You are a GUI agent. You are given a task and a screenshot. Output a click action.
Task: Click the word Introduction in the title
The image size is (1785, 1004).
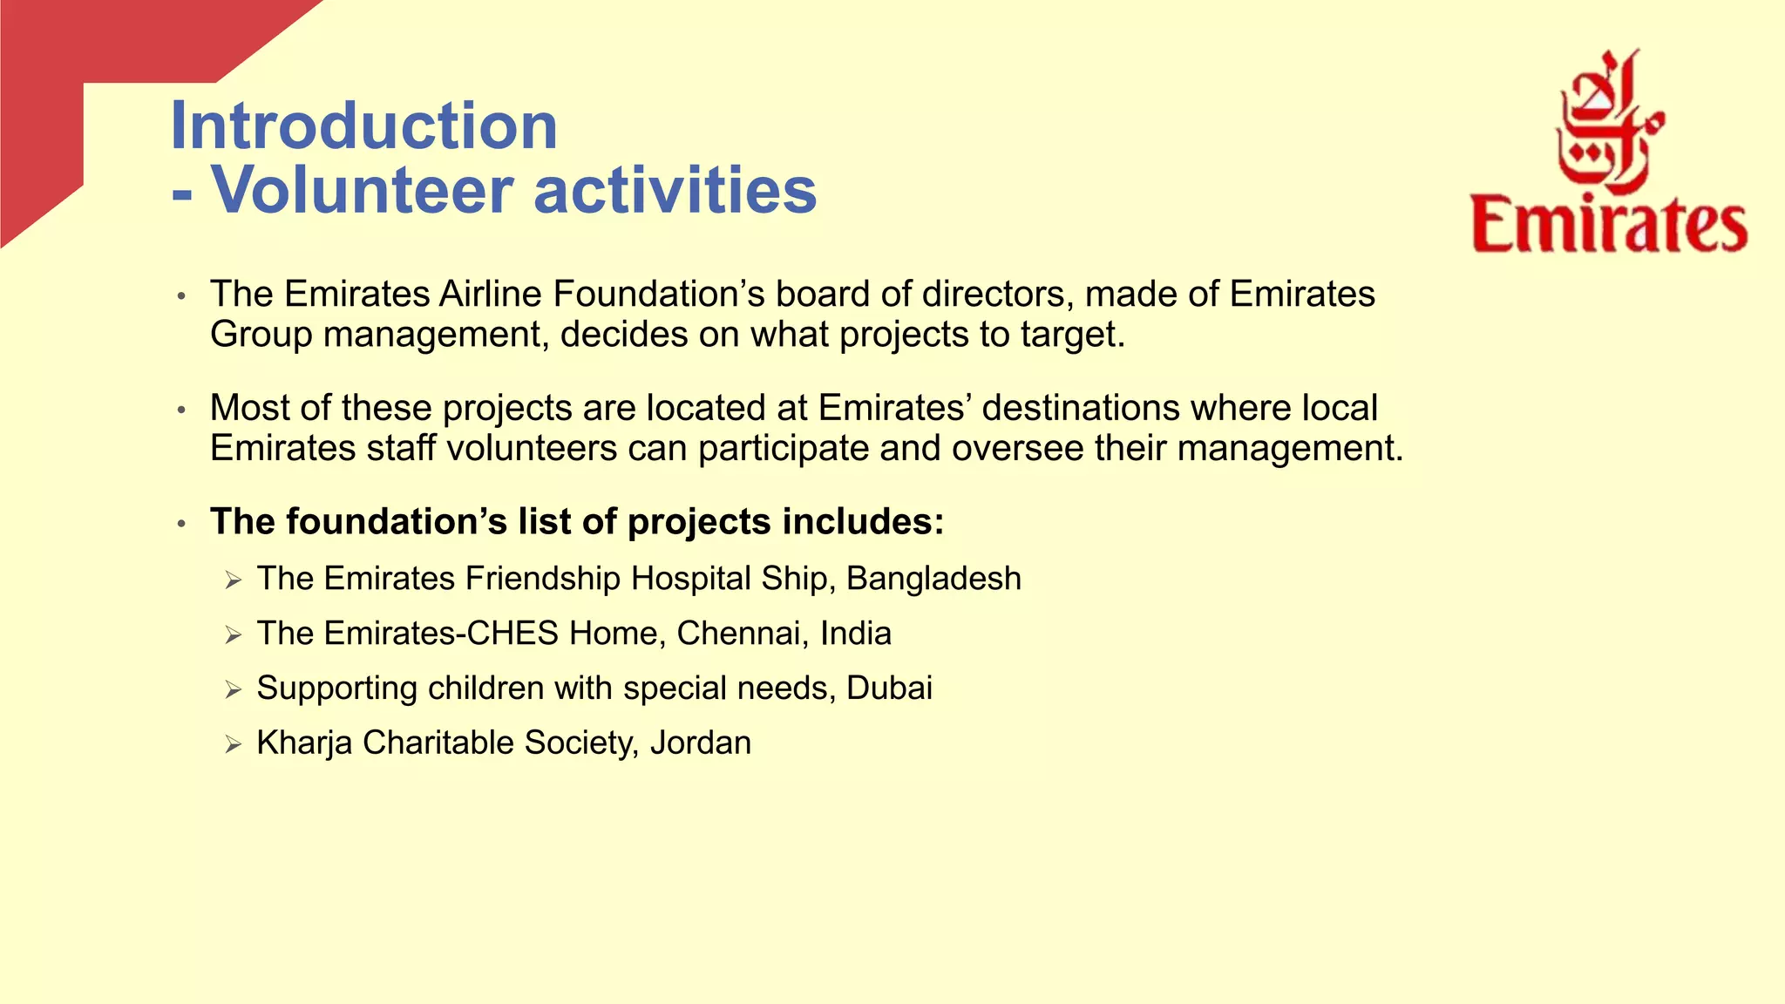(x=363, y=126)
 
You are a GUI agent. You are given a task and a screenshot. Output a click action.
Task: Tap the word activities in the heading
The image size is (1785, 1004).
(x=675, y=190)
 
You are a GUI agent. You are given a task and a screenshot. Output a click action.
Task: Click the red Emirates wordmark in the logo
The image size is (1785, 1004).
(x=1609, y=226)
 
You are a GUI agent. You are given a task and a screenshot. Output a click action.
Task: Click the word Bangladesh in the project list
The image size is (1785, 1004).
(x=933, y=579)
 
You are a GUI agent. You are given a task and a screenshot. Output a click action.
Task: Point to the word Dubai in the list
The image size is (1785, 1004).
(x=889, y=689)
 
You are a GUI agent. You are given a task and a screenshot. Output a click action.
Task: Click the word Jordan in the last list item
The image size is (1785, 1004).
(x=700, y=743)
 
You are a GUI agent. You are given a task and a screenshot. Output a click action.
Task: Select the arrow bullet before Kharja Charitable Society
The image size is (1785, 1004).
(x=233, y=744)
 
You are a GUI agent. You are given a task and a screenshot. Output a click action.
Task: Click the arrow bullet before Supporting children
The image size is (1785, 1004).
(x=233, y=689)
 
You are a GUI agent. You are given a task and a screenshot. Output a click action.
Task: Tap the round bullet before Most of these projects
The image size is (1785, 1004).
(x=181, y=410)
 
